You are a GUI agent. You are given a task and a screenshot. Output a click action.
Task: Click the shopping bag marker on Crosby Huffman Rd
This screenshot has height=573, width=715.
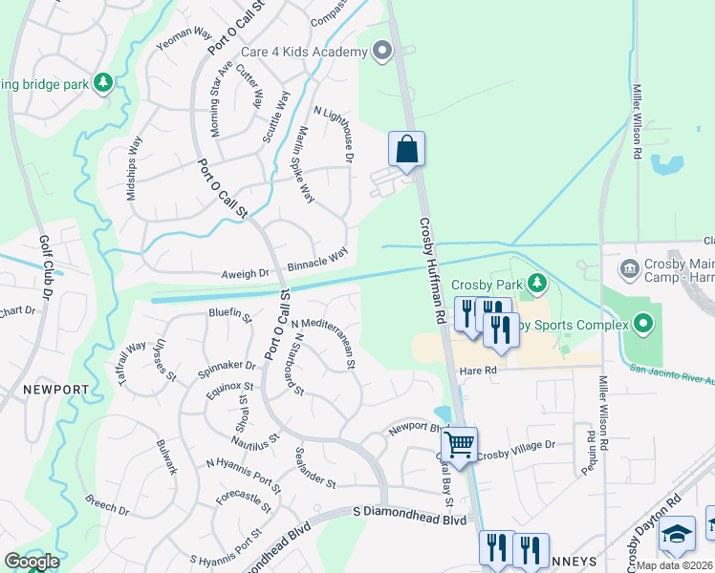coord(406,150)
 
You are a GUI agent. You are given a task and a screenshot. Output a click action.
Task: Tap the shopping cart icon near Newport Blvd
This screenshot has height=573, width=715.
coord(460,444)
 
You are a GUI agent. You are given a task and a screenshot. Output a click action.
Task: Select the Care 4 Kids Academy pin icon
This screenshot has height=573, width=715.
coord(382,51)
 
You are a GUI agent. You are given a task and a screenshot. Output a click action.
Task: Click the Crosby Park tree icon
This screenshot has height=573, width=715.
coord(537,283)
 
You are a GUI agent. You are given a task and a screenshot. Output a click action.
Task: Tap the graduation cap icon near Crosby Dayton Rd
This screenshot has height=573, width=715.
coord(678,534)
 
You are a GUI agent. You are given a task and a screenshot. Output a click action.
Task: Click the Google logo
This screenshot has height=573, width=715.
coord(32,562)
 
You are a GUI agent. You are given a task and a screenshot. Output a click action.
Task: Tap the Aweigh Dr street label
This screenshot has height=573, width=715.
coord(245,273)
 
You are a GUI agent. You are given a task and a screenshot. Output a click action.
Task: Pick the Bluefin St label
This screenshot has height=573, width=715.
coord(229,313)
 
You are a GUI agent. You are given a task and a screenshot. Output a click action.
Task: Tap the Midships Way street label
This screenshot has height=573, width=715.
coord(134,167)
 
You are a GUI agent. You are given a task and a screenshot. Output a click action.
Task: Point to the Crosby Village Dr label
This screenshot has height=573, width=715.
coord(517,446)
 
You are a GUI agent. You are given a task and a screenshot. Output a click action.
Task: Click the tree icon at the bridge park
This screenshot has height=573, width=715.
coord(103,83)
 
